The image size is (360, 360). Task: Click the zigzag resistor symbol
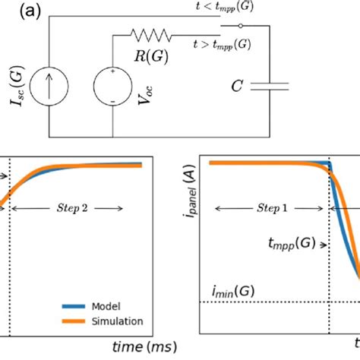(151, 34)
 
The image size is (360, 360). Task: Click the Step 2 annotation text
(77, 207)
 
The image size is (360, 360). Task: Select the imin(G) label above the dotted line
(234, 291)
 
